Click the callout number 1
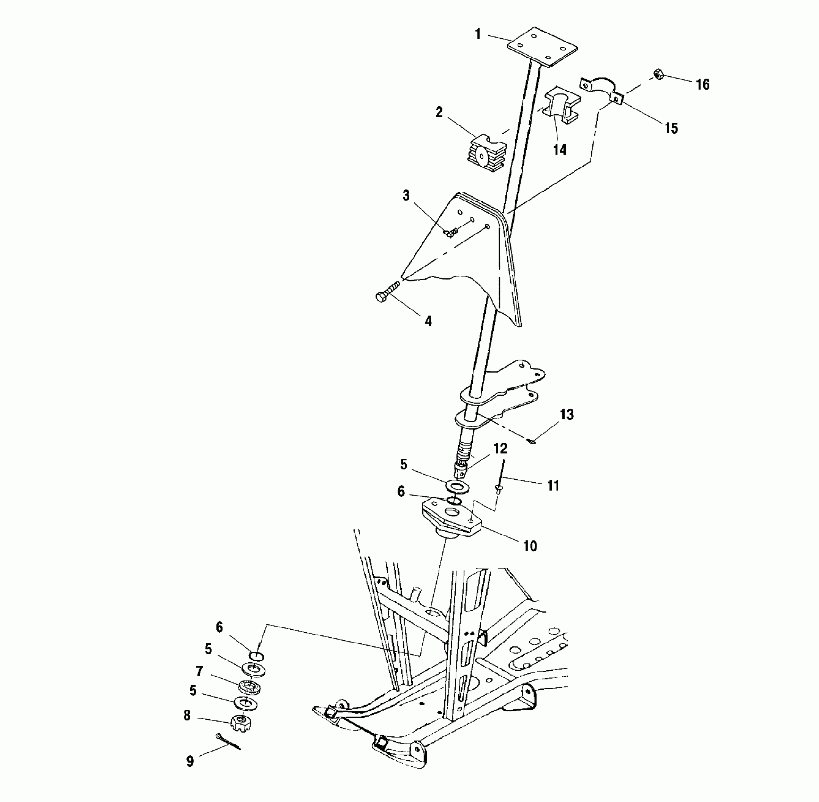(x=478, y=34)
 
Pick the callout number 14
(x=559, y=150)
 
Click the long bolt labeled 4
(x=387, y=291)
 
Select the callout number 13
(x=566, y=415)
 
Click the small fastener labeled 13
(x=532, y=442)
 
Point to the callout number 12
(x=500, y=449)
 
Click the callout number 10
(x=530, y=546)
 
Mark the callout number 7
(x=199, y=671)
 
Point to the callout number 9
(x=190, y=761)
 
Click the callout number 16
(x=702, y=84)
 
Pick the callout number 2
(x=439, y=112)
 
